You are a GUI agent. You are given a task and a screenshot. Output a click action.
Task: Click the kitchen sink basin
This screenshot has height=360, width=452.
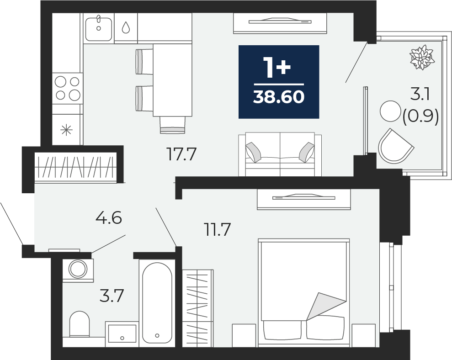coord(99,28)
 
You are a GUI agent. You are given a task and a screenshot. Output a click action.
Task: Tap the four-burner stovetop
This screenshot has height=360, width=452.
coord(68,88)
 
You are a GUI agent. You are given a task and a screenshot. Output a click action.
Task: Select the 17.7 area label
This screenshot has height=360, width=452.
coord(181,154)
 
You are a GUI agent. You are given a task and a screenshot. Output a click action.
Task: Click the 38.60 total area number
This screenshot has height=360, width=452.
coord(279,96)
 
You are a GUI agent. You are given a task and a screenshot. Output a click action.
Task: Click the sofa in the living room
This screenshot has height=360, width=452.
coord(280,154)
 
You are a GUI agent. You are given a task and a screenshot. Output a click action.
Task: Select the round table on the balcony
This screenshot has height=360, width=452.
coord(390,111)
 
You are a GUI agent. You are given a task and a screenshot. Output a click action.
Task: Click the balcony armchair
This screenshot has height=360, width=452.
coord(395,146)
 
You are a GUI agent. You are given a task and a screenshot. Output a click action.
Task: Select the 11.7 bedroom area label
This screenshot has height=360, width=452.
coord(218,230)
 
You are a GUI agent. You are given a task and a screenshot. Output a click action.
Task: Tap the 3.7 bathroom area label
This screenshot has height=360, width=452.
coord(112,296)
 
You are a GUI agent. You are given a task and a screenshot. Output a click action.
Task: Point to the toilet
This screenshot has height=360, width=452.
coord(80,324)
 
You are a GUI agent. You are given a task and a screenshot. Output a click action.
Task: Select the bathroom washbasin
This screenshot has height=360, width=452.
coord(122,334)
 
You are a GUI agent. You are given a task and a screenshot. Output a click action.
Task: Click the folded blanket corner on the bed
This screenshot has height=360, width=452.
coord(326,307)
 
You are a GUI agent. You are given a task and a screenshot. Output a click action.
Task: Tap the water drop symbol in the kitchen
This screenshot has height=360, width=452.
coord(126,28)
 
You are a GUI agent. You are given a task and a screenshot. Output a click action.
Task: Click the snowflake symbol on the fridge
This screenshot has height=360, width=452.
coord(66,130)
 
